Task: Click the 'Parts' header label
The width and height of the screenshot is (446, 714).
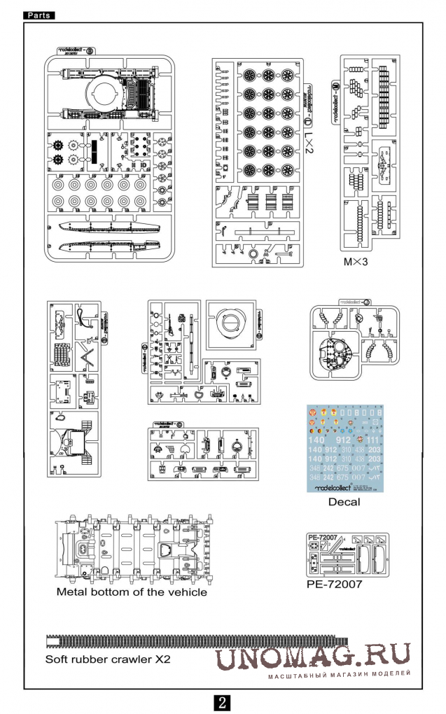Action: coord(38,14)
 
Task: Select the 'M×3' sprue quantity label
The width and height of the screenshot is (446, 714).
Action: coord(355,262)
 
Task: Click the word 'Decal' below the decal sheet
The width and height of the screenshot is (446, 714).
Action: coord(344,502)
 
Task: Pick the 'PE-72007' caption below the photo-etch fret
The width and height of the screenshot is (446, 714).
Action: coord(335,583)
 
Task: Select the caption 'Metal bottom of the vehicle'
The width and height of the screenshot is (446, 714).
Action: coord(132,592)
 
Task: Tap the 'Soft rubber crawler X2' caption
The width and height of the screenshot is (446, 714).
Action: coord(108,659)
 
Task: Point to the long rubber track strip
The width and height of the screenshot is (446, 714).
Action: coord(196,640)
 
